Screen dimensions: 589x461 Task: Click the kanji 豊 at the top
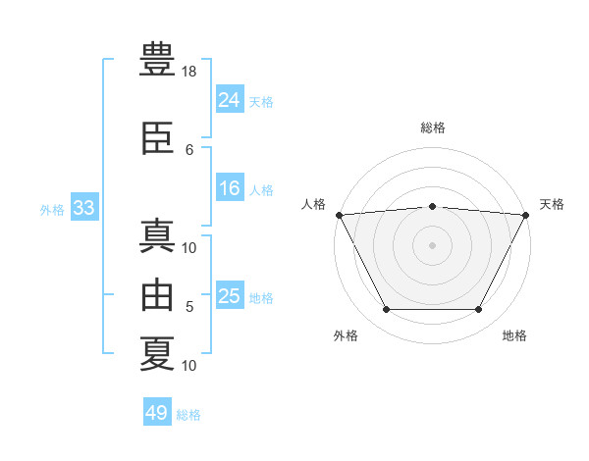157,59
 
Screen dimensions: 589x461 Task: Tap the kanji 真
157,235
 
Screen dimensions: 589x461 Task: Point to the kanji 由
157,294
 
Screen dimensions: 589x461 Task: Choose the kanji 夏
157,354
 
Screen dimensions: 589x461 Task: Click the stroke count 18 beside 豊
188,72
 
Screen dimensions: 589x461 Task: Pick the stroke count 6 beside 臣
189,150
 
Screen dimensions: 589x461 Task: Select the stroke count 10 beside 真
188,248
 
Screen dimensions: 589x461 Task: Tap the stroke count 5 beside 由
189,307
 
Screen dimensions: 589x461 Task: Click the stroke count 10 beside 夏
188,366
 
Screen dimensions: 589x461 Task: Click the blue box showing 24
230,99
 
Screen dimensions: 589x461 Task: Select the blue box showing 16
230,187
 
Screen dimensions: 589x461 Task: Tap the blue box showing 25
230,294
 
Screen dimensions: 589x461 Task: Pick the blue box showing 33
84,207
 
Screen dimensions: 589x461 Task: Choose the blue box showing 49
157,411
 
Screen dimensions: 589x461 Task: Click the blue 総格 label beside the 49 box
188,415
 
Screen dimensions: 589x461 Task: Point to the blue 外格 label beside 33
52,210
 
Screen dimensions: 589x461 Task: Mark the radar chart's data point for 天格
526,215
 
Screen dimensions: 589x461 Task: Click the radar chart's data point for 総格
432,207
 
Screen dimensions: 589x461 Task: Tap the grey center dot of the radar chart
432,245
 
